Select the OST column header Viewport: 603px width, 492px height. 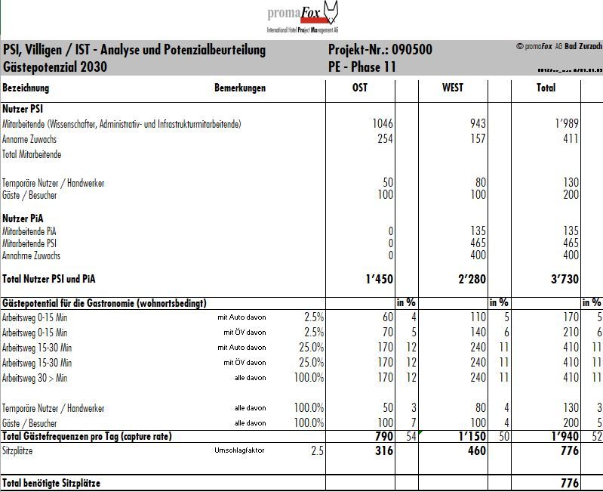click(x=360, y=88)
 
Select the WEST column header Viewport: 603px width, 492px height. click(x=453, y=88)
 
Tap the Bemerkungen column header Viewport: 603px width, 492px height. click(x=240, y=88)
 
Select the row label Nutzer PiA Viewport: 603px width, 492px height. click(x=23, y=218)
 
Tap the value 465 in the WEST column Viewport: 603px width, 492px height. click(x=476, y=243)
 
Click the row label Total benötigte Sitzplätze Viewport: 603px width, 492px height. click(x=51, y=482)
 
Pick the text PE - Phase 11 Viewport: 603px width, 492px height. click(x=362, y=67)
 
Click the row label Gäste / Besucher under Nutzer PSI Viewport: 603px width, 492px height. click(x=29, y=195)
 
